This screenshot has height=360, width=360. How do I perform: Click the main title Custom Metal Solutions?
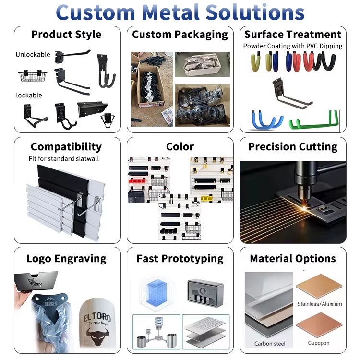point(180,12)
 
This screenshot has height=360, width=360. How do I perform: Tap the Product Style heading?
point(66,35)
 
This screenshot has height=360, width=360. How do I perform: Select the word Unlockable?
point(33,55)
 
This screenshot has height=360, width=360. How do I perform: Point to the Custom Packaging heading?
point(180,35)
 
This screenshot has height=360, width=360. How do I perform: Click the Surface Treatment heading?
point(293,35)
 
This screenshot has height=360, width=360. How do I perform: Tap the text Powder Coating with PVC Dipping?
point(293,46)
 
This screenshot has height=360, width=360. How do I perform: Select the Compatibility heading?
point(66,146)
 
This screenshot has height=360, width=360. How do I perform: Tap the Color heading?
point(180,146)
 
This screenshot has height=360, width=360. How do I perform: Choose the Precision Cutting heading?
point(293,146)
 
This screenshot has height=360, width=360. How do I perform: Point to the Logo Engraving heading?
point(66,258)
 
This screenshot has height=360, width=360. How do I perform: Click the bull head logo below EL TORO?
point(97,332)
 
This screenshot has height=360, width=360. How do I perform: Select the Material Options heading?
point(293,258)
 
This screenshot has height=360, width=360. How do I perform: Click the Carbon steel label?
point(270,344)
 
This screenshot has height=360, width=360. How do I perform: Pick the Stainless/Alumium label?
point(319,304)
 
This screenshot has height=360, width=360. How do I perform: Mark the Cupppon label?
point(319,343)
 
